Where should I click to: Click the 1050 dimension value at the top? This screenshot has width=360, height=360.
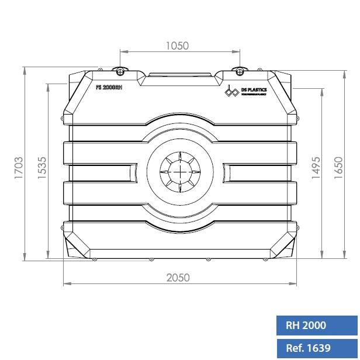[x=178, y=46]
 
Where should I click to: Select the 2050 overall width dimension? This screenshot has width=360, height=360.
[x=178, y=278]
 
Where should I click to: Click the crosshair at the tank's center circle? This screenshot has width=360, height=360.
[x=181, y=172]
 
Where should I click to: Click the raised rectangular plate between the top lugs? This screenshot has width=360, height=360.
[x=180, y=76]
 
